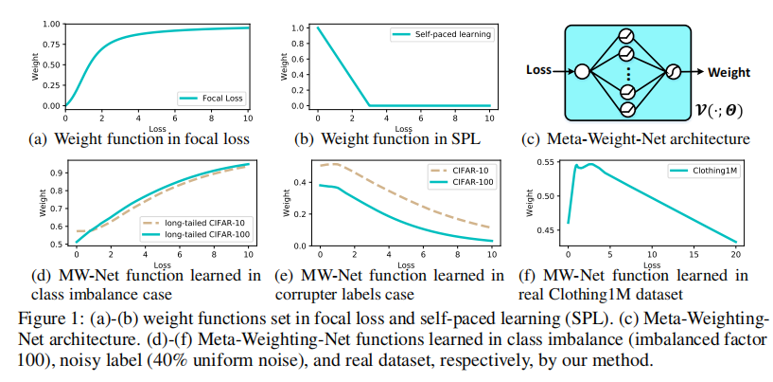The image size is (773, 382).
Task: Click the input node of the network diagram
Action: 582,71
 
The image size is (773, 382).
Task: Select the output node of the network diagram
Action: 674,71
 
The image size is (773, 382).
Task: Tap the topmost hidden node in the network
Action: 625,35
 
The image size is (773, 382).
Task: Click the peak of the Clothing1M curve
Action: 591,164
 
